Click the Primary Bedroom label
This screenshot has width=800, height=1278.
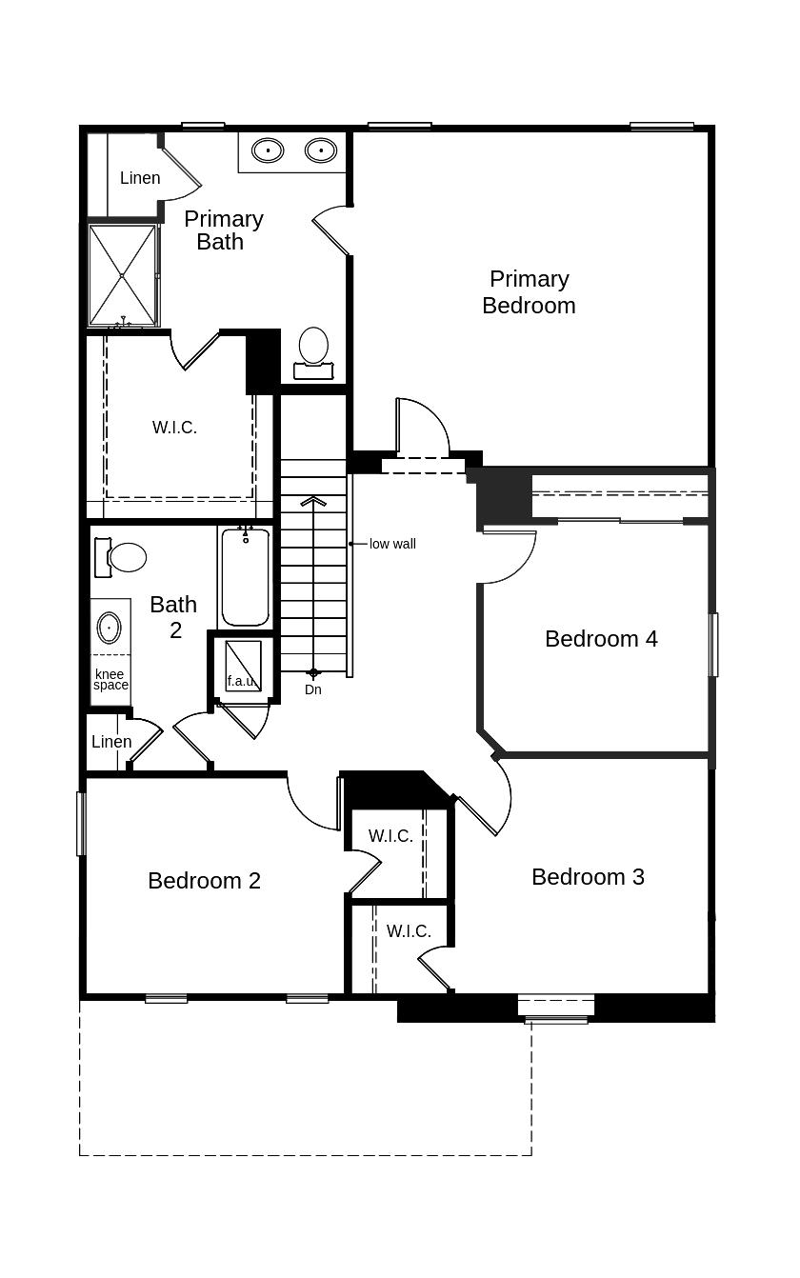(529, 292)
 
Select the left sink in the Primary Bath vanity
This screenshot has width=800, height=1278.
(268, 150)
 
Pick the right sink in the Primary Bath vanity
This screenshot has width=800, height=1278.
(321, 150)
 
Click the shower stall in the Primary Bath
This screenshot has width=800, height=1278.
(122, 275)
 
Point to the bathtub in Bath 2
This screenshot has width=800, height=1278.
(246, 577)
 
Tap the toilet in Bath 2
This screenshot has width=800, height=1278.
(122, 557)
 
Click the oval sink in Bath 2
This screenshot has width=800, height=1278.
(110, 629)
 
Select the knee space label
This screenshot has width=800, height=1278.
(110, 680)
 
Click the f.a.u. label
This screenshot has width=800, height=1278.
(240, 682)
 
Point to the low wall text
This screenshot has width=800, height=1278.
(392, 544)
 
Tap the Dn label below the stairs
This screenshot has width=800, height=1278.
(313, 689)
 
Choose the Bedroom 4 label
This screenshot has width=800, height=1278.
(601, 639)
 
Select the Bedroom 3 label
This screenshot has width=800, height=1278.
(588, 877)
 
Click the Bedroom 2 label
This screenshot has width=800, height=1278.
(204, 881)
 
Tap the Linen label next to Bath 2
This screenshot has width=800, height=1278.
(111, 742)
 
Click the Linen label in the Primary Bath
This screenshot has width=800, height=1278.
(140, 178)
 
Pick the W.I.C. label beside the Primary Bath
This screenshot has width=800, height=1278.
(174, 428)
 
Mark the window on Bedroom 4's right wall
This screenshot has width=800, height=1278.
(713, 645)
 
